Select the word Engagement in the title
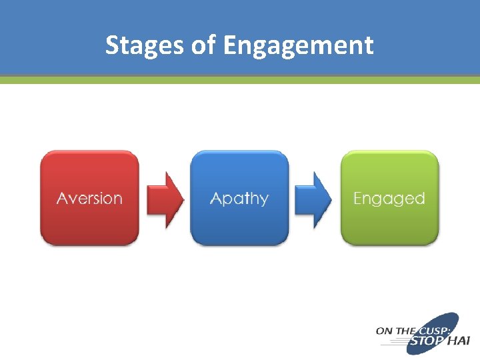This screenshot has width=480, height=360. coord(299,45)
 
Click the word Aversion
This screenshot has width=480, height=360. coord(89,199)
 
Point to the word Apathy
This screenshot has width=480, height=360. coord(239,199)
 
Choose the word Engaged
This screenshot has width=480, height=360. coord(389,199)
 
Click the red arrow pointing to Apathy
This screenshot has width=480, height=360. coord(165,199)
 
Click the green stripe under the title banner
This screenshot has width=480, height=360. coord(240,79)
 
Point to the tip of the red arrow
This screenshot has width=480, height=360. coord(182,199)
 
